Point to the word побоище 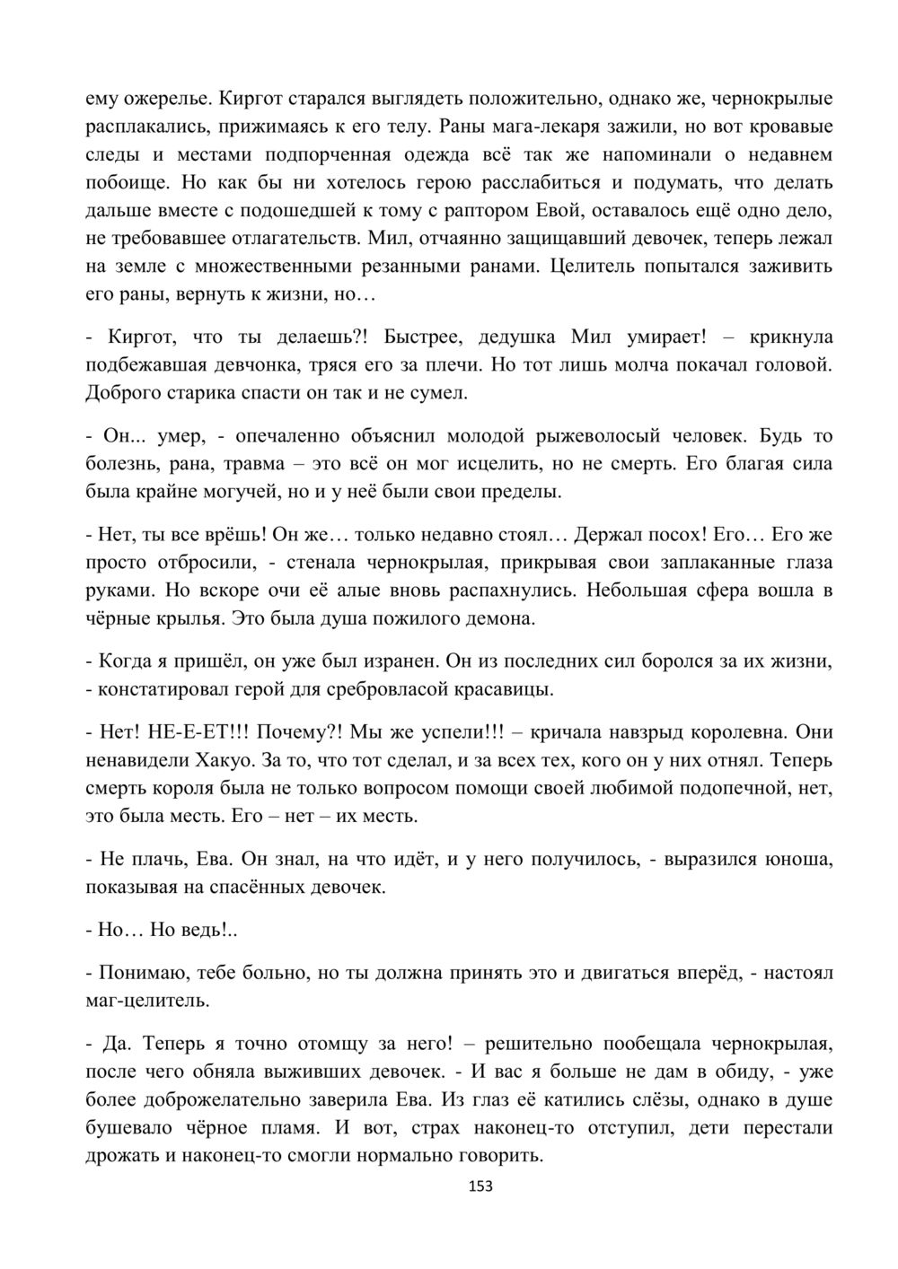(x=128, y=183)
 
